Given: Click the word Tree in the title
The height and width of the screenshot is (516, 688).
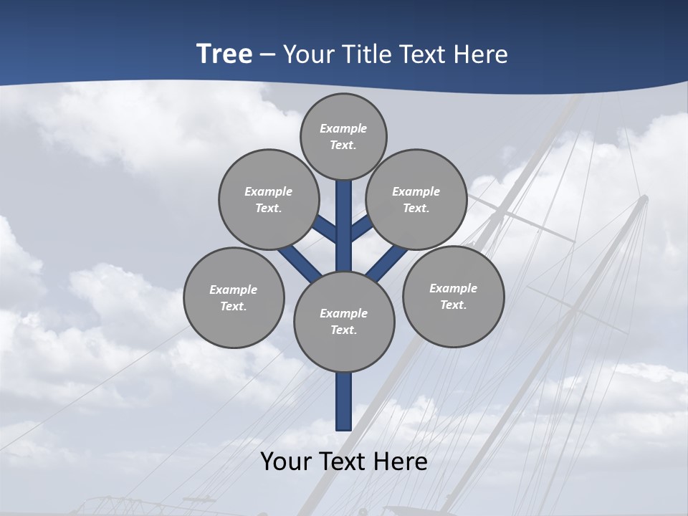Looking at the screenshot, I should click(x=224, y=54).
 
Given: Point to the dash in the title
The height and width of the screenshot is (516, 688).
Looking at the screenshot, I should click(x=268, y=54).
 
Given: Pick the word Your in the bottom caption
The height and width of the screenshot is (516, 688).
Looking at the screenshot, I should click(x=287, y=462).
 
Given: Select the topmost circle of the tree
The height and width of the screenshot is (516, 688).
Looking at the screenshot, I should click(x=343, y=137).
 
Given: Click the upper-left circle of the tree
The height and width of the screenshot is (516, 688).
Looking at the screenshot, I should click(x=269, y=200).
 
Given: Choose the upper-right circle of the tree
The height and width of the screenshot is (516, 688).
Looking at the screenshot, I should click(x=416, y=200).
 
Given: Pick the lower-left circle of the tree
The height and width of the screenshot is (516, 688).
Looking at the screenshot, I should click(x=234, y=298).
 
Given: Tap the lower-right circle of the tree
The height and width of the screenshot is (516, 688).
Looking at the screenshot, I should click(x=453, y=297).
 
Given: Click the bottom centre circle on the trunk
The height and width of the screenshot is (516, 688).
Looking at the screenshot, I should click(x=344, y=322).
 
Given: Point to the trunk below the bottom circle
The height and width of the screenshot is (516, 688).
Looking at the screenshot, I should click(x=344, y=401).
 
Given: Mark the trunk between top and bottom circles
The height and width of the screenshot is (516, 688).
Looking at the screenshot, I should click(x=344, y=222).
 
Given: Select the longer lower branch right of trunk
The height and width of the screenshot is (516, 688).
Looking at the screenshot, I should click(x=387, y=262).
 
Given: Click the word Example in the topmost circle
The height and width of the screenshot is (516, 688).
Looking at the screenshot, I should click(x=343, y=129).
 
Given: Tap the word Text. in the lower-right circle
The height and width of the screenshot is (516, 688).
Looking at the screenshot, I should click(x=453, y=305).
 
